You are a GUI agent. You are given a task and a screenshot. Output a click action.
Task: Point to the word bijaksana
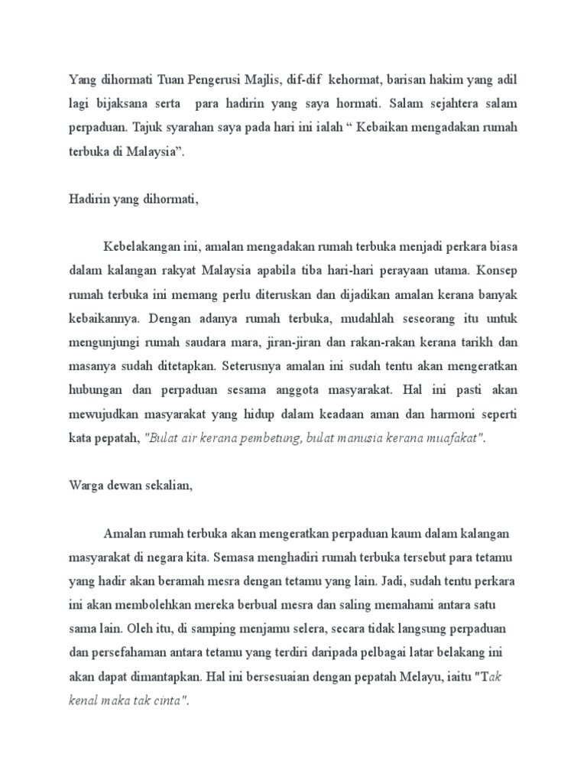pyautogui.click(x=123, y=103)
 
